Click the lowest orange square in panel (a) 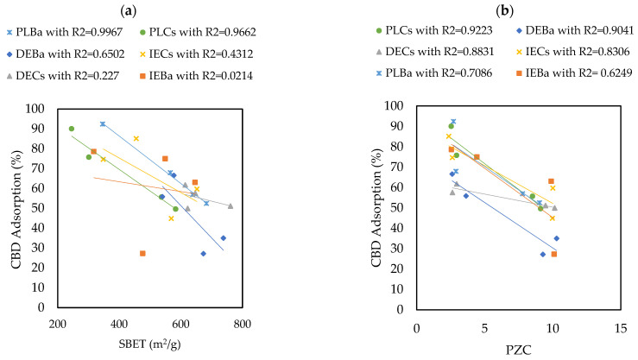(142, 253)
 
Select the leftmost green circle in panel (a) (72, 129)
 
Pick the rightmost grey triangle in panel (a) (230, 205)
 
